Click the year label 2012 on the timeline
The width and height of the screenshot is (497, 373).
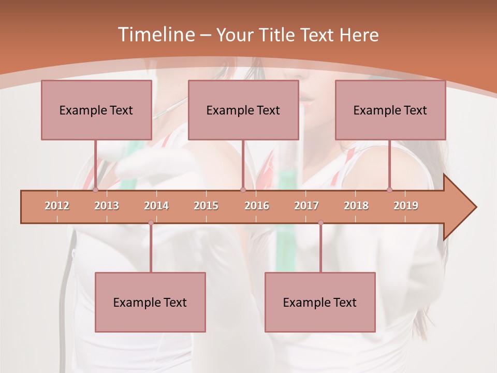(57, 206)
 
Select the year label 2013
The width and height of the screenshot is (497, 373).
(107, 206)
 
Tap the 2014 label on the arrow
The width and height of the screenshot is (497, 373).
(156, 206)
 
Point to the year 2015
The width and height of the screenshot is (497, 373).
(206, 206)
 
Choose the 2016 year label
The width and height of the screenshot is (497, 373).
(257, 206)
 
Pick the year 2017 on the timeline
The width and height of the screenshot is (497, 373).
(306, 206)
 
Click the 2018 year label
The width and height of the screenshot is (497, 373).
(356, 206)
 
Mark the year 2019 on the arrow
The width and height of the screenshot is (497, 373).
(406, 206)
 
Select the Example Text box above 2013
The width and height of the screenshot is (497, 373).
(96, 110)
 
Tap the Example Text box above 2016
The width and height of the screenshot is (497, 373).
(243, 110)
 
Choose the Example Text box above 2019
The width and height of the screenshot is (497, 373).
(390, 110)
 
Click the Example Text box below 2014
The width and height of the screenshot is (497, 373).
(150, 302)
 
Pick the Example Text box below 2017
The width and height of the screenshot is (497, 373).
(320, 302)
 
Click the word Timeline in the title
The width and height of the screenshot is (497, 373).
(155, 35)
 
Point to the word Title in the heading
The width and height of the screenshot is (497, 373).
(278, 35)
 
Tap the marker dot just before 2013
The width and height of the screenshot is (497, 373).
(95, 190)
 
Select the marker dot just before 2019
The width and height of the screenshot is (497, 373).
(390, 190)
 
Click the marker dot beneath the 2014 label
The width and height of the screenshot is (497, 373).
(151, 223)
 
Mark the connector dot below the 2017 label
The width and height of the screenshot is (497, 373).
(320, 223)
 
